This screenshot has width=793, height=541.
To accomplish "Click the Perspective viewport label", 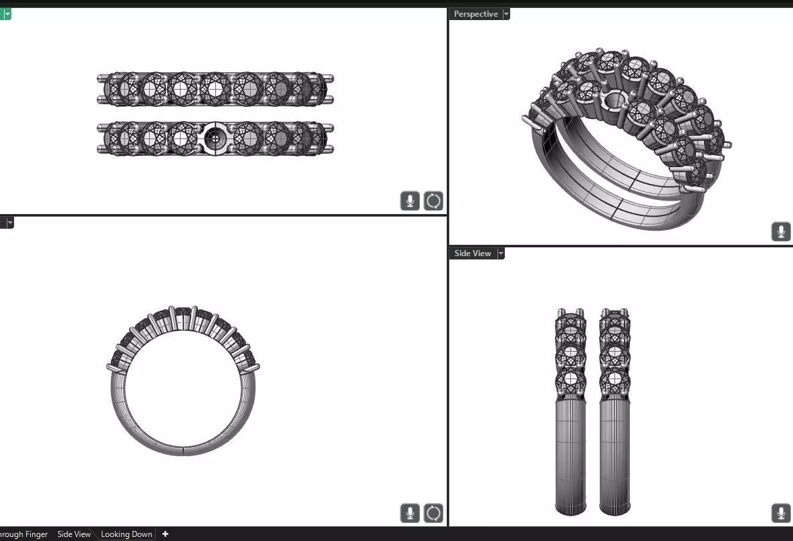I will pos(475,14).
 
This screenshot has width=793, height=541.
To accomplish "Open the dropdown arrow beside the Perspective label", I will pos(506,14).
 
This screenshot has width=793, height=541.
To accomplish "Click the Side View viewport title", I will pos(472,253).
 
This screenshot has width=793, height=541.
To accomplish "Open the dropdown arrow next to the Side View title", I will pos(501,253).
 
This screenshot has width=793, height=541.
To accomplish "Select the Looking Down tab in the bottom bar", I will pos(126,534).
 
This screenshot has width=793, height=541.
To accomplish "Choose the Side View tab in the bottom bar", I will pos(74,534).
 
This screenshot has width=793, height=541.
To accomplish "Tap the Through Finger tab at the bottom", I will pos(23,534).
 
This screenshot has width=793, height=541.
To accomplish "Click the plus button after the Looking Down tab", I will pos(165,534).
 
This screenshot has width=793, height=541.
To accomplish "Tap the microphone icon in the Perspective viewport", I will pos(780,231).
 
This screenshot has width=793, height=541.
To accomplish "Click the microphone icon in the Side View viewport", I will pos(780,513).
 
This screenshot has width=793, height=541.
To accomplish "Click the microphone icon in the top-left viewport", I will pos(410,201).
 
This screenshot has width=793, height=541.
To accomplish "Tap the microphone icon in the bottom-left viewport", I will pos(410,513).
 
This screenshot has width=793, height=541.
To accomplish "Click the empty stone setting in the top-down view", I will pos(215,138).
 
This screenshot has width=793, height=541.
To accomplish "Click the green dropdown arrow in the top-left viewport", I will pos(7,13).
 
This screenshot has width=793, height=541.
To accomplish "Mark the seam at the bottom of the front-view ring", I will pos(183,449).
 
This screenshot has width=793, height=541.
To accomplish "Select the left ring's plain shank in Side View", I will pos(571,455).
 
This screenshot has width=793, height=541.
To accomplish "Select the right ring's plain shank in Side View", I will pos(614,455).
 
